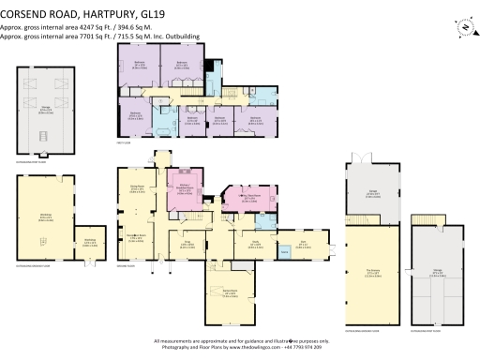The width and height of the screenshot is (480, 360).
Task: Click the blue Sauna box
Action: (x=284, y=252)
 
